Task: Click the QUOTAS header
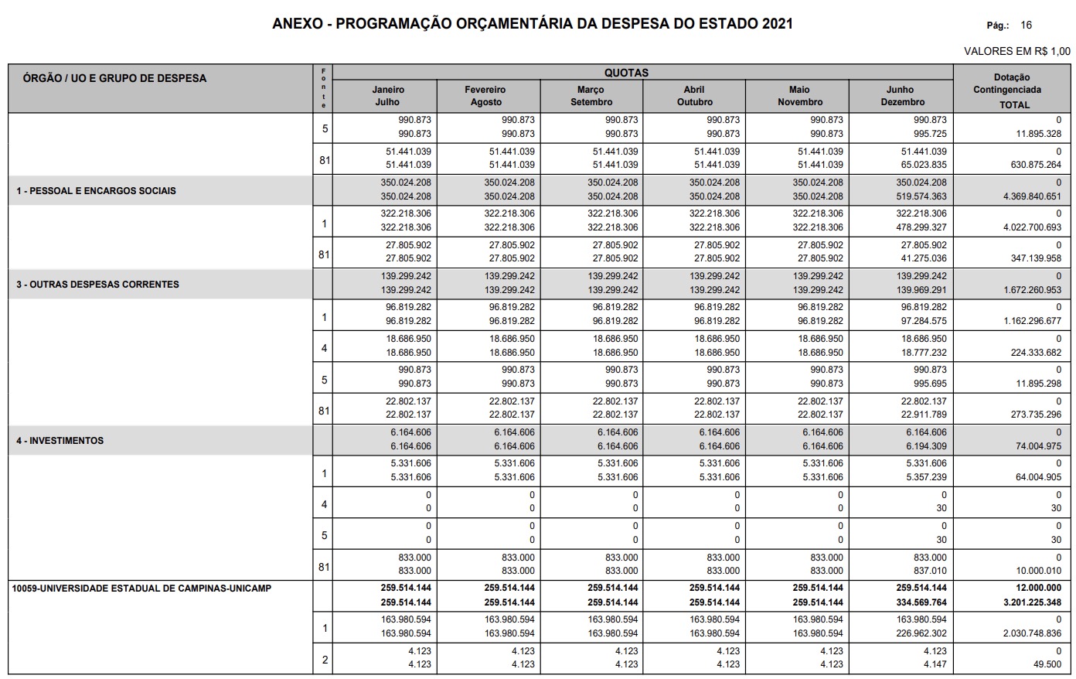click(626, 73)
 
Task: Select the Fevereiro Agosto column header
click(485, 96)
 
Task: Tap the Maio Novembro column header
click(800, 96)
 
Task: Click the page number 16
click(1026, 26)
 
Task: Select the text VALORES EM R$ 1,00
click(1017, 51)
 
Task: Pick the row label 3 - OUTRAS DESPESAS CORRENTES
click(98, 285)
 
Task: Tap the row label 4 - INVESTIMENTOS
click(60, 441)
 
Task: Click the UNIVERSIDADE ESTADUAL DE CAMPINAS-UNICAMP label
click(141, 589)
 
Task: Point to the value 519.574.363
click(921, 196)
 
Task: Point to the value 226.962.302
click(921, 633)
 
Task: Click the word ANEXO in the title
click(297, 24)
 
